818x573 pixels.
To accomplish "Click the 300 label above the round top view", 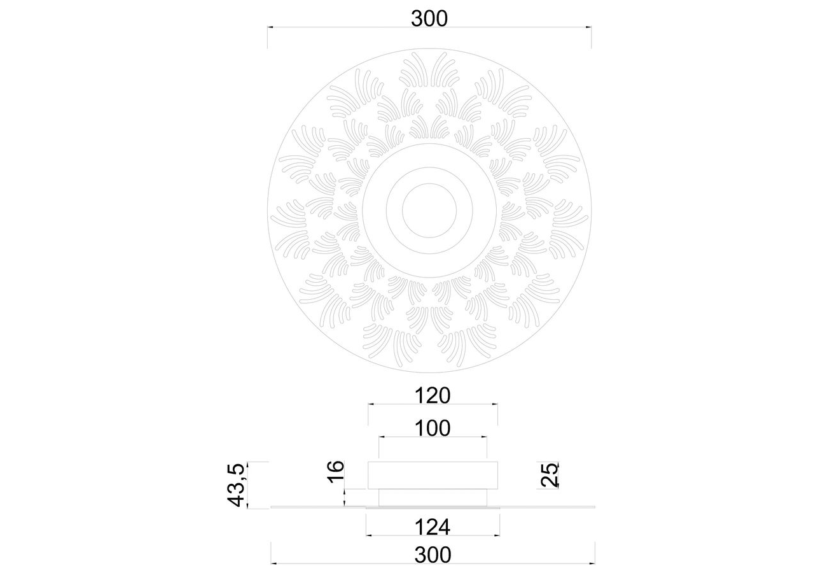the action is (x=429, y=18).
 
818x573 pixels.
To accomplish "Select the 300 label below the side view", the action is (x=433, y=555).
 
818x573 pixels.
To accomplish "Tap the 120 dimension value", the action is (x=433, y=396).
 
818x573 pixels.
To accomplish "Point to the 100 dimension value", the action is (x=433, y=428).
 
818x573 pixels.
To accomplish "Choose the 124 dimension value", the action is (x=433, y=527).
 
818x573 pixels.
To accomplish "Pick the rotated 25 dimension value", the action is (x=550, y=475).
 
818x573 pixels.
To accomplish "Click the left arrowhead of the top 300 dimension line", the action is (x=270, y=27).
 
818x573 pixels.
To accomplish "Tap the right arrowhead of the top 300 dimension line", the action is (x=588, y=27).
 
